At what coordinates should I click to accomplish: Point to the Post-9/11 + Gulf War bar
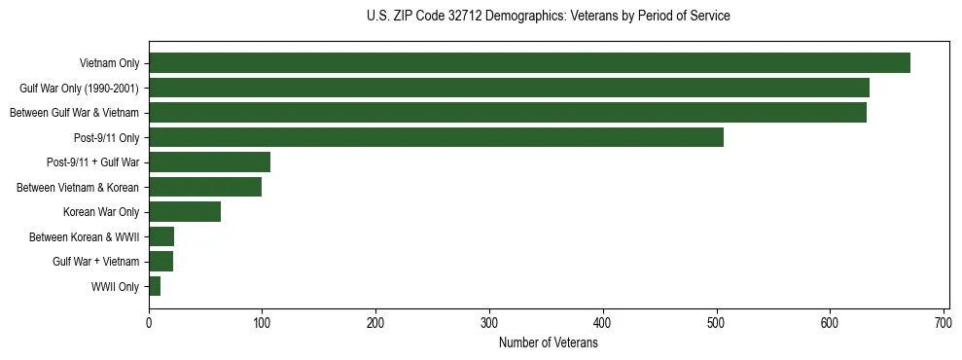pyautogui.click(x=209, y=162)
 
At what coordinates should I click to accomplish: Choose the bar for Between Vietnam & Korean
pyautogui.click(x=205, y=187)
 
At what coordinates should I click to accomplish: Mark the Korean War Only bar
pyautogui.click(x=185, y=212)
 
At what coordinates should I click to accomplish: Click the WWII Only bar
pyautogui.click(x=155, y=286)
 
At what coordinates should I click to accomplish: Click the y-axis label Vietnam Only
pyautogui.click(x=108, y=64)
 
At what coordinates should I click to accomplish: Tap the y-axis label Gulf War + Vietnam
pyautogui.click(x=95, y=262)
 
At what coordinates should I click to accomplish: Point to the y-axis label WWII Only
pyautogui.click(x=115, y=286)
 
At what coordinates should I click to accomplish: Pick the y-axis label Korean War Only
pyautogui.click(x=101, y=212)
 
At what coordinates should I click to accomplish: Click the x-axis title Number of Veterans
pyautogui.click(x=548, y=342)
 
